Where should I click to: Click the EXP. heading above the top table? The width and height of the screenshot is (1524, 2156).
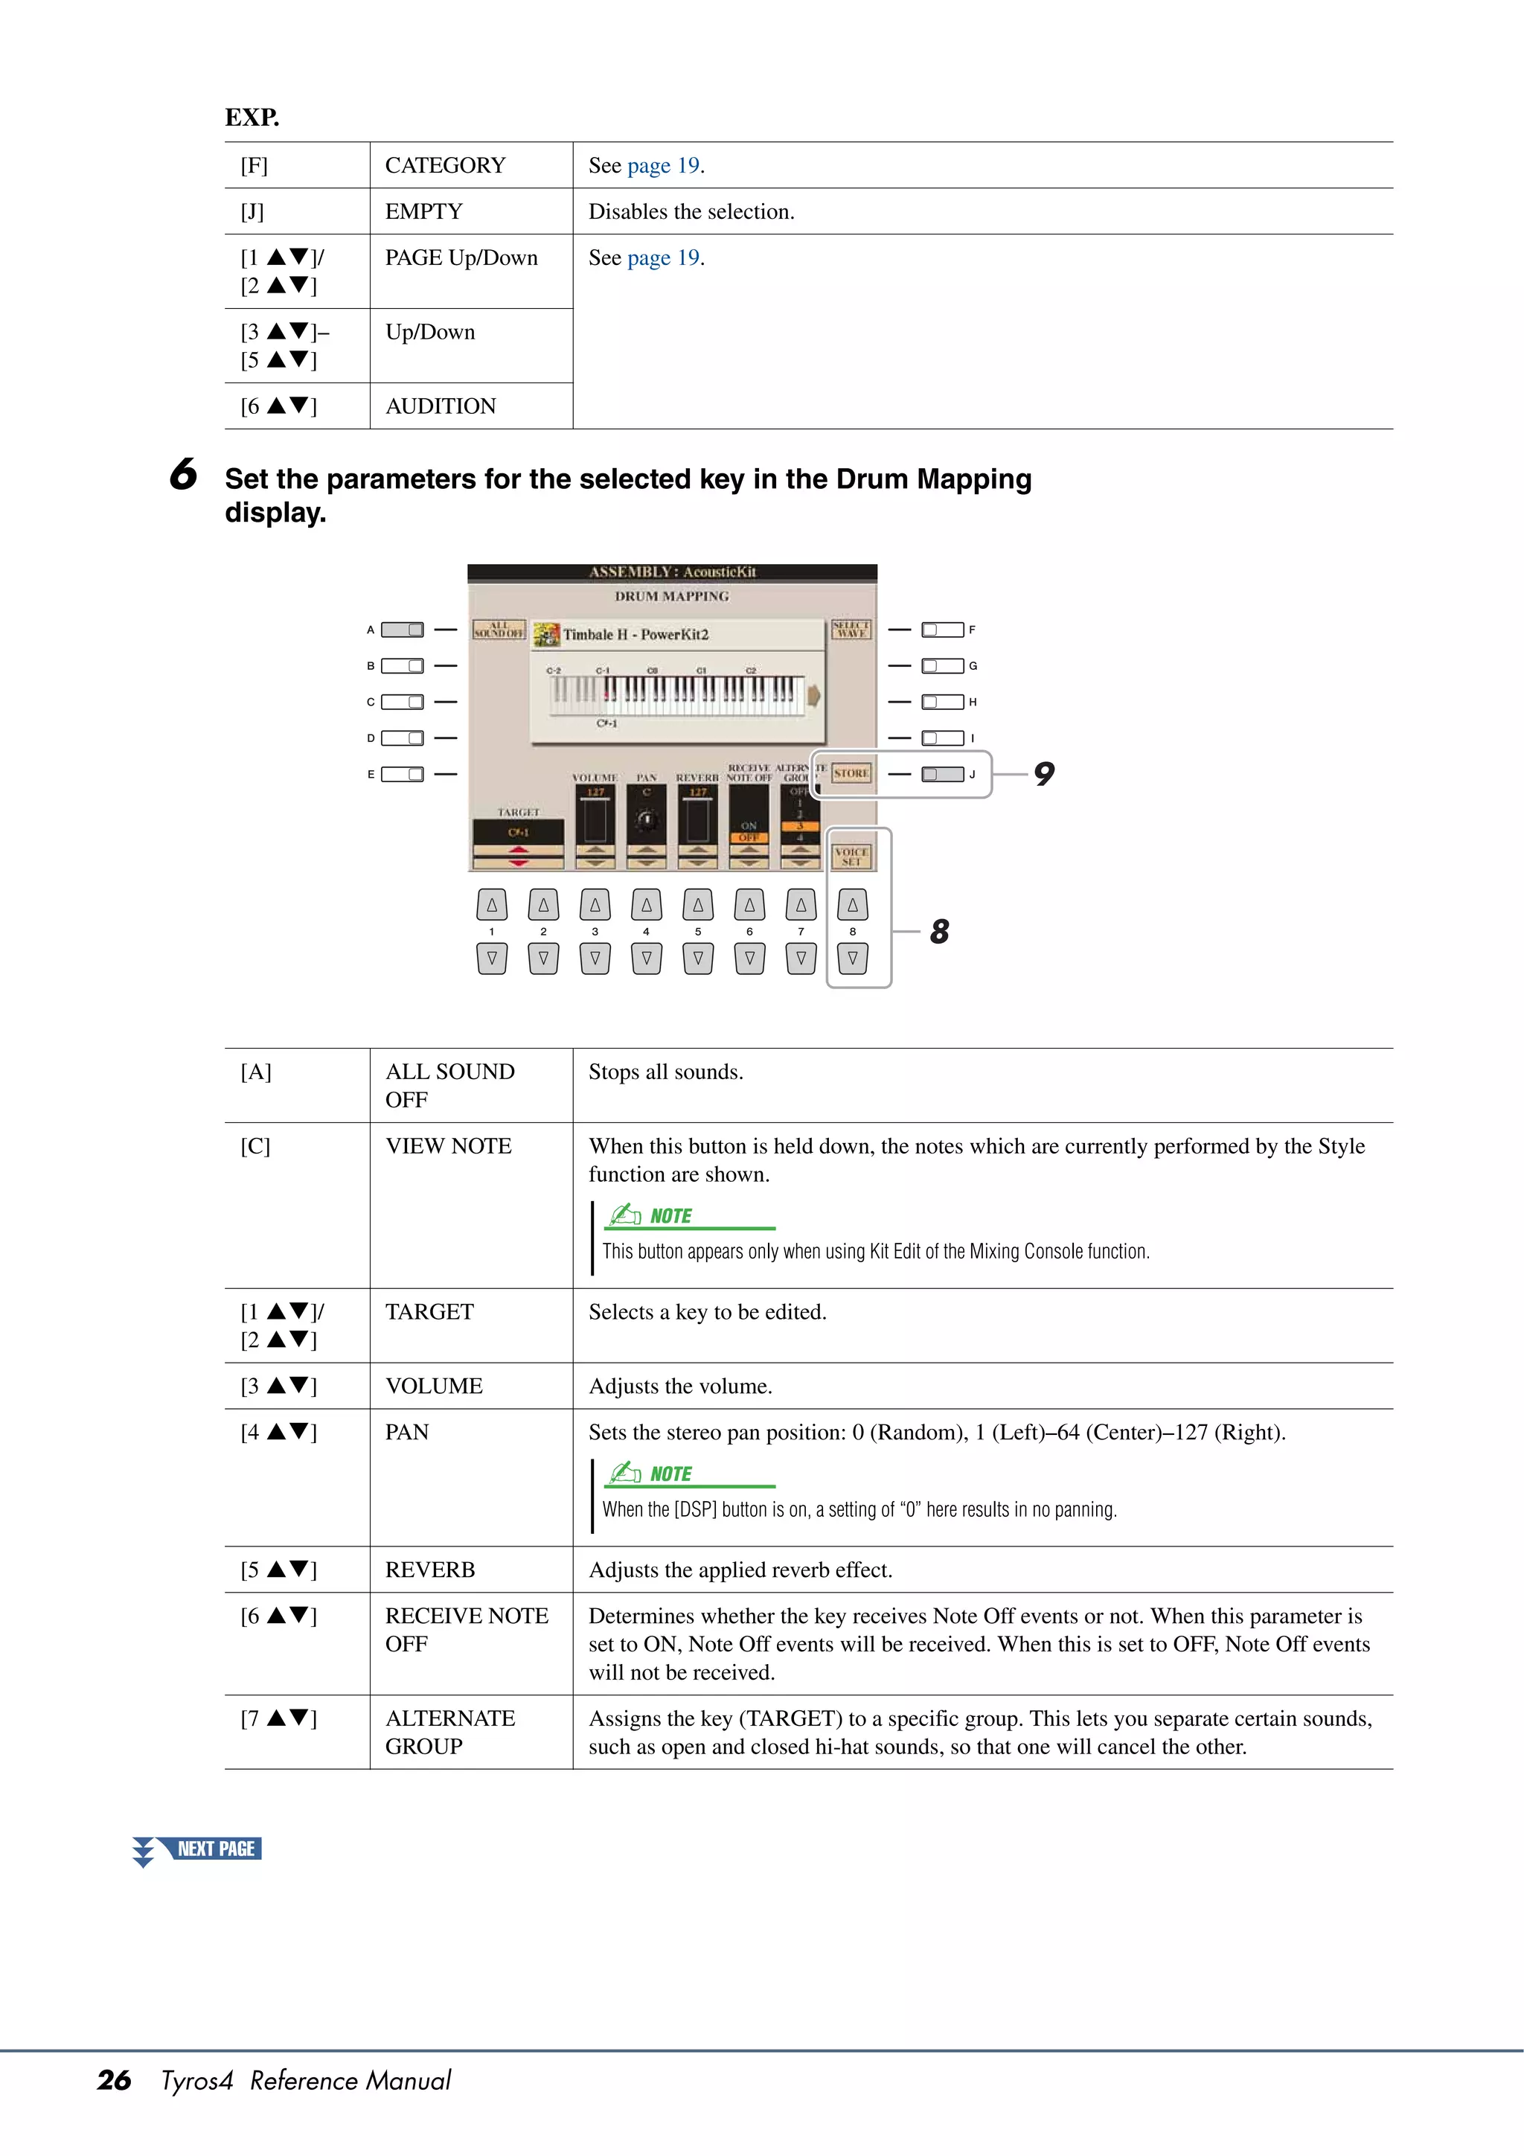click(252, 118)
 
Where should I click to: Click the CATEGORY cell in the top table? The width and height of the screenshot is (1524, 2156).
click(445, 165)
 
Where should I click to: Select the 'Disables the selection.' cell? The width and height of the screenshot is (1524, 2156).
click(691, 211)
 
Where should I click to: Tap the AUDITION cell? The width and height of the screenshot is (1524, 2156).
click(441, 406)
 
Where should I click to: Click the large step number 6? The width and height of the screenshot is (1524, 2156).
click(183, 474)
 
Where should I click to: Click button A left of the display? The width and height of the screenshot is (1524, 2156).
click(402, 629)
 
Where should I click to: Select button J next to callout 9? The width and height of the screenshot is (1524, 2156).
click(942, 774)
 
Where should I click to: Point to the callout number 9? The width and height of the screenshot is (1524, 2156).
click(1043, 774)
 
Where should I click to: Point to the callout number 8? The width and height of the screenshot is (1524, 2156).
click(939, 932)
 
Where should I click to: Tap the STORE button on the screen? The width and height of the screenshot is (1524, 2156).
click(851, 772)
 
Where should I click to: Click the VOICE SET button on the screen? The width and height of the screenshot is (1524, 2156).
click(851, 855)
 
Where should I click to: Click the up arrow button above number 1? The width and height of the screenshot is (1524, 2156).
click(491, 905)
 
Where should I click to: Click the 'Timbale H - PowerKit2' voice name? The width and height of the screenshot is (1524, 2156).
click(635, 635)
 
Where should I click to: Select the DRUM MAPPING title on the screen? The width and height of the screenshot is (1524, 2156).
click(671, 596)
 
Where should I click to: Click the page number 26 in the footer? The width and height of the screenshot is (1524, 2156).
click(114, 2080)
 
